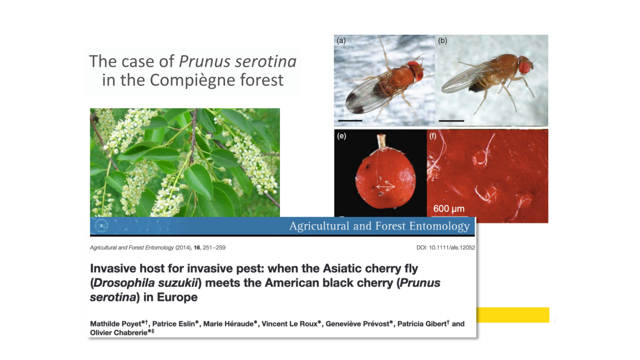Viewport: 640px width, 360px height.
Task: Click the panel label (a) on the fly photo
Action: click(x=341, y=41)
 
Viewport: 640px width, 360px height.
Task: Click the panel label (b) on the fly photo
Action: click(x=443, y=41)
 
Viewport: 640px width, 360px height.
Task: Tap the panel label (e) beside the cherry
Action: click(x=341, y=136)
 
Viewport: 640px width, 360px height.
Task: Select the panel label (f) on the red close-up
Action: click(x=433, y=136)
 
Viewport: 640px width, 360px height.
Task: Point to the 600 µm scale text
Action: click(x=449, y=209)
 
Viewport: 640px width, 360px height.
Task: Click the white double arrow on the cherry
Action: click(x=386, y=186)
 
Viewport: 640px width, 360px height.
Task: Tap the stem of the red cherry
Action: click(x=381, y=141)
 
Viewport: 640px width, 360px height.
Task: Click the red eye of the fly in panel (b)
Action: click(x=525, y=67)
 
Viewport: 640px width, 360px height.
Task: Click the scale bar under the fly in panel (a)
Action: click(x=350, y=121)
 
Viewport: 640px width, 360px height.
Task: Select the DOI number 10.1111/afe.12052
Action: click(x=452, y=247)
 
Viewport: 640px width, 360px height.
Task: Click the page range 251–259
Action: click(x=214, y=247)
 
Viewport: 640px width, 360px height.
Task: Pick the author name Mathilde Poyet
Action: click(x=116, y=324)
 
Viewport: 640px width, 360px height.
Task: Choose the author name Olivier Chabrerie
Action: click(x=118, y=333)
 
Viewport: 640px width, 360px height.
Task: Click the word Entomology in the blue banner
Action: click(x=439, y=226)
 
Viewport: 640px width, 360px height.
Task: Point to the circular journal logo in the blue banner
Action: click(x=101, y=226)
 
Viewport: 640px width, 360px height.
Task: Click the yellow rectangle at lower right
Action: click(x=513, y=315)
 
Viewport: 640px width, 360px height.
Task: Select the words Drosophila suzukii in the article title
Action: click(x=146, y=283)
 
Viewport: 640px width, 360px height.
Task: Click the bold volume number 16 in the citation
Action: click(x=197, y=247)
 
